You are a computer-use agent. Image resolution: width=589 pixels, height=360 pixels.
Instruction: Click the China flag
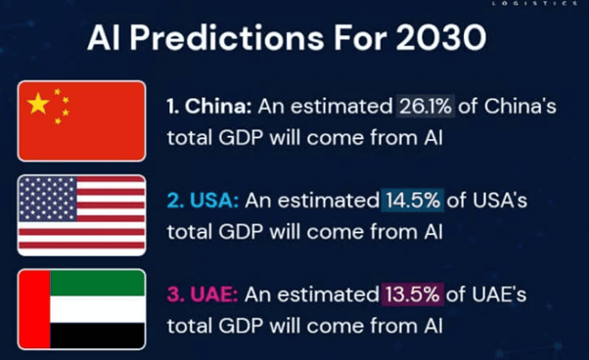click(x=81, y=120)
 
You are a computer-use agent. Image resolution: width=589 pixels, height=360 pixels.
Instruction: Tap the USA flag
click(x=81, y=214)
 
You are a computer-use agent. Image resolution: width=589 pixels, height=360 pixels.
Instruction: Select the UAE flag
click(x=81, y=308)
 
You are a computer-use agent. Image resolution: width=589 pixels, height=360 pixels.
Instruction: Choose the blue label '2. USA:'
click(x=201, y=202)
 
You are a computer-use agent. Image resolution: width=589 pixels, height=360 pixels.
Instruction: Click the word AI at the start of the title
click(x=102, y=38)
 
